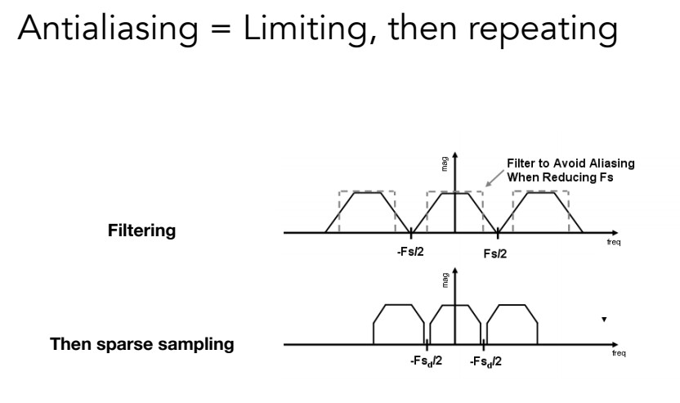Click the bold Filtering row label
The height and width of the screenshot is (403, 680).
pyautogui.click(x=141, y=231)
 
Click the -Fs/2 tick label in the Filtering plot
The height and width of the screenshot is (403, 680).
pyautogui.click(x=412, y=251)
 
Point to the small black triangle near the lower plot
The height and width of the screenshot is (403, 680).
pyautogui.click(x=604, y=318)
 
